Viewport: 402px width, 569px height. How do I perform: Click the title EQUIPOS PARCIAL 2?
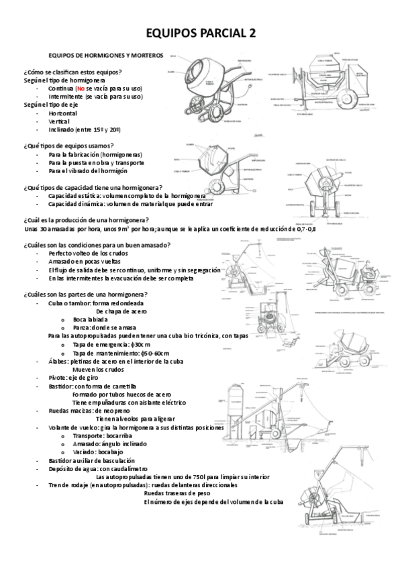click(201, 33)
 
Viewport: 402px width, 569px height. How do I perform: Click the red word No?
click(81, 88)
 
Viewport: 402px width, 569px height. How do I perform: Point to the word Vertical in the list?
click(59, 121)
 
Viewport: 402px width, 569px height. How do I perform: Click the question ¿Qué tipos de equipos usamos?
click(68, 146)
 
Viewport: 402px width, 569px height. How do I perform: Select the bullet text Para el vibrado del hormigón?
click(87, 170)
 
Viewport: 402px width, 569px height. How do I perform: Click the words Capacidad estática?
click(71, 195)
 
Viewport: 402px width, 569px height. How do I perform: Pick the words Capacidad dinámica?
click(72, 203)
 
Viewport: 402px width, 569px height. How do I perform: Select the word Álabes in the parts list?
click(58, 361)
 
